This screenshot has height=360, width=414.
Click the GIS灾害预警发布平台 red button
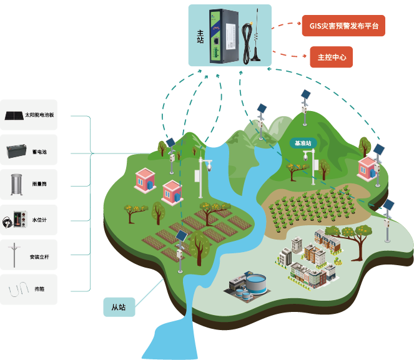343,26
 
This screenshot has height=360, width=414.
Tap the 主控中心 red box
331,57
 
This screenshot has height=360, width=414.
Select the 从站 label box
119,307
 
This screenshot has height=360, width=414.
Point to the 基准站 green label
303,143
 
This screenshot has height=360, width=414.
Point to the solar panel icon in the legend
14,115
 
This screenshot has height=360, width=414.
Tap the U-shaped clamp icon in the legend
15,290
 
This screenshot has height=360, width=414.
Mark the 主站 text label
200,35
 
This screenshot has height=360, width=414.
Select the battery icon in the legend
14,150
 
